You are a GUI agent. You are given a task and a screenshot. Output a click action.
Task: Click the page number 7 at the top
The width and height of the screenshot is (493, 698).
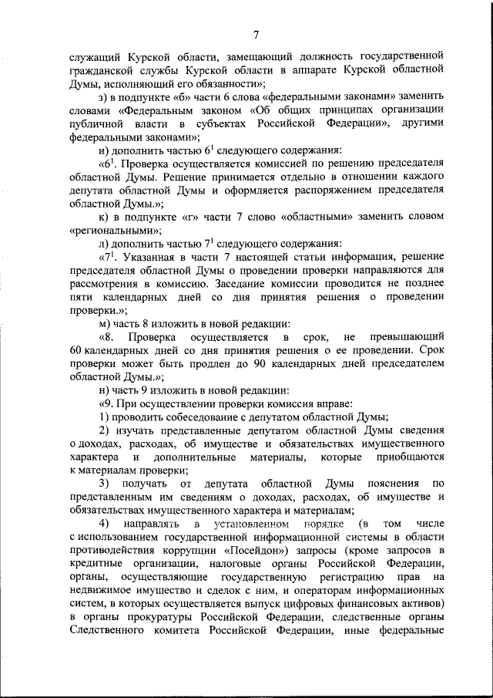click(x=256, y=32)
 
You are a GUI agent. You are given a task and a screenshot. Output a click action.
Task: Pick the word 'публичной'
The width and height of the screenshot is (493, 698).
click(x=92, y=123)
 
